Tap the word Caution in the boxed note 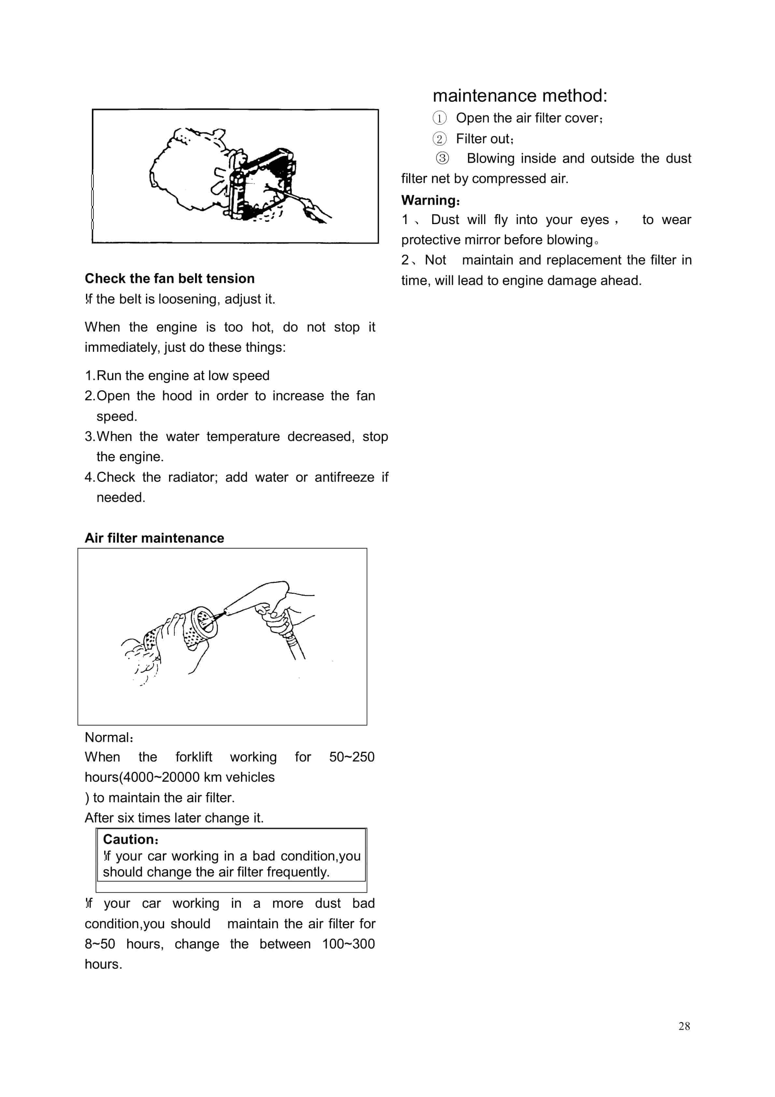[129, 839]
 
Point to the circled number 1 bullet [439, 118]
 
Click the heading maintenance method [519, 95]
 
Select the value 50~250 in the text [352, 757]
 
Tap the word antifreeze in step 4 [344, 477]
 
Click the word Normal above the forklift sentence [107, 737]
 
